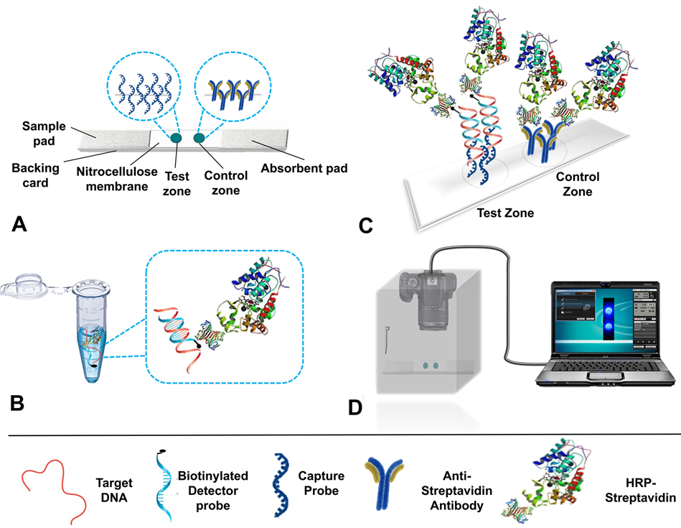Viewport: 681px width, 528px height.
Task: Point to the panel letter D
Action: pos(354,407)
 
